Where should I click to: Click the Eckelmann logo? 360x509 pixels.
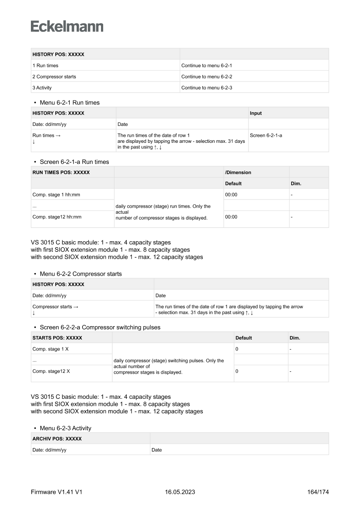click(x=67, y=27)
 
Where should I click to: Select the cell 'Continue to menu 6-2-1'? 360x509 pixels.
click(x=207, y=65)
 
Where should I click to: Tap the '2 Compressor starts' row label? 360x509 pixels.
click(x=54, y=77)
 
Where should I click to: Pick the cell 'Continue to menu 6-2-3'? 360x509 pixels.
click(x=207, y=88)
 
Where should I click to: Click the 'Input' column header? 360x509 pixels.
click(x=256, y=113)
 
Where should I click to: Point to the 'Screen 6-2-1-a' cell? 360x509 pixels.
click(x=266, y=135)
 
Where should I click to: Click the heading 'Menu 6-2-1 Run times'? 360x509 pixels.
click(x=69, y=103)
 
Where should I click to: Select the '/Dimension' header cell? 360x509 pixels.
click(x=238, y=172)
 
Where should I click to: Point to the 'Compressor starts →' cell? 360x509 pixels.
click(x=56, y=307)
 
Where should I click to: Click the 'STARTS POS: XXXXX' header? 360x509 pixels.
click(x=57, y=338)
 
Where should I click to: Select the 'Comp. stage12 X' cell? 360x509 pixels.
click(x=51, y=371)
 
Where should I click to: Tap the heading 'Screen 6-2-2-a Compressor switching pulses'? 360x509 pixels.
click(x=100, y=327)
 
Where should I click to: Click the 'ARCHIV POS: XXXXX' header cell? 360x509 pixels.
click(x=57, y=439)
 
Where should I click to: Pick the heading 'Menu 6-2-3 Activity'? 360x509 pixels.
click(x=65, y=428)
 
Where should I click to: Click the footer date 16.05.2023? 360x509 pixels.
click(x=180, y=492)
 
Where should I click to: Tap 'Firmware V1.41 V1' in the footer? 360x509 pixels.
click(x=57, y=492)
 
